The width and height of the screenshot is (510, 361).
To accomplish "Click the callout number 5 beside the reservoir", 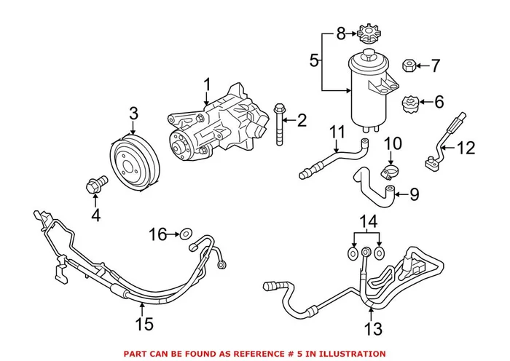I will click(313, 60).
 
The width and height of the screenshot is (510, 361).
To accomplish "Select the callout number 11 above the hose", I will click(336, 132).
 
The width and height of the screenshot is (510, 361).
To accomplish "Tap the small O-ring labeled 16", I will click(187, 234).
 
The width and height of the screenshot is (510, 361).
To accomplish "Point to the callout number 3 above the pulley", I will click(133, 113).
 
